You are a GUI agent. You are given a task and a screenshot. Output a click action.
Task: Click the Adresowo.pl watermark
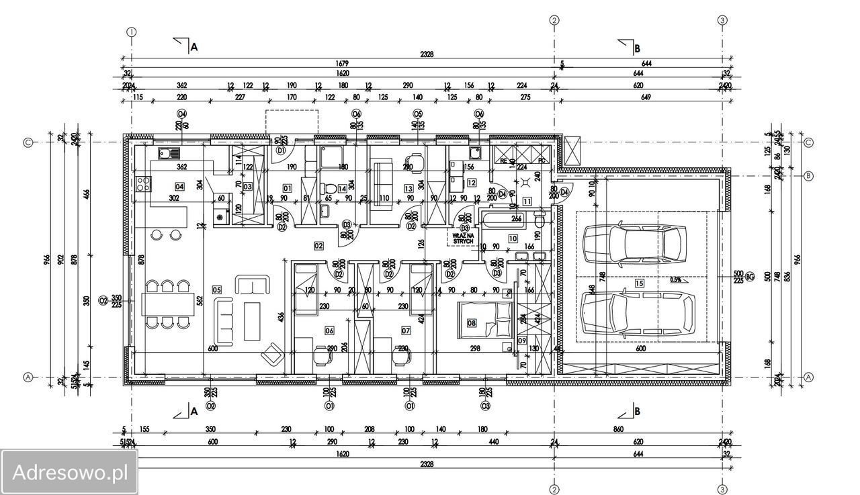[69, 471]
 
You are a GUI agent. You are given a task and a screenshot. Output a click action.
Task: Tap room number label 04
[179, 186]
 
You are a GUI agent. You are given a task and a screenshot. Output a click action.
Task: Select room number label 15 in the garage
[639, 283]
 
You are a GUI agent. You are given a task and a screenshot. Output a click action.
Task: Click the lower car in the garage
[635, 314]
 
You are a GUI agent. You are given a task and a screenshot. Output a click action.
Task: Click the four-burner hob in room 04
[143, 183]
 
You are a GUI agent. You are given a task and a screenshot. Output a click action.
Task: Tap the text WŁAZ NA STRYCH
[463, 238]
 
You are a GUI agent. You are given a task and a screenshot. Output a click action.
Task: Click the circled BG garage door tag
[750, 276]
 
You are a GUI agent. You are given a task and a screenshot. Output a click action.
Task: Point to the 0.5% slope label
[677, 279]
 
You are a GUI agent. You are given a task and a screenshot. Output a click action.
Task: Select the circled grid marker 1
[132, 32]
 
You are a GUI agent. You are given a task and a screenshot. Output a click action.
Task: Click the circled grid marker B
[809, 176]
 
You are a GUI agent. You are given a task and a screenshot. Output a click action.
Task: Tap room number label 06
[329, 330]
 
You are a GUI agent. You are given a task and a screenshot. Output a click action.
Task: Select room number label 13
[408, 189]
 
